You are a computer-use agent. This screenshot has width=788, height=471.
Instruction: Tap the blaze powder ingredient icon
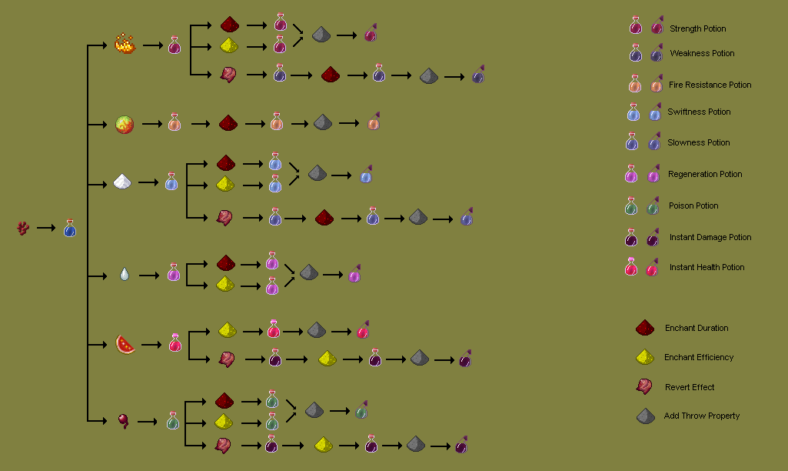click(125, 45)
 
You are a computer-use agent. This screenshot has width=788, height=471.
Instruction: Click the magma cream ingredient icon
click(125, 123)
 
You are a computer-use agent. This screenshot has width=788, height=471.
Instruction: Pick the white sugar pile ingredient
click(124, 182)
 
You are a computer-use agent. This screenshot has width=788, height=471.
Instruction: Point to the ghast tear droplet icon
click(125, 274)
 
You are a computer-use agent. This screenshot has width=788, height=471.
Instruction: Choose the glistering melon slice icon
click(125, 343)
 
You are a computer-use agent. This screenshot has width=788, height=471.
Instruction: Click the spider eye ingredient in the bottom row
click(123, 420)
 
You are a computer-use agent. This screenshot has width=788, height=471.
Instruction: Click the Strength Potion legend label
click(697, 28)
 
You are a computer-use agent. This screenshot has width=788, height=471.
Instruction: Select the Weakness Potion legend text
click(702, 53)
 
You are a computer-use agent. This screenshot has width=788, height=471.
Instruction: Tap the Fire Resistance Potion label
click(710, 85)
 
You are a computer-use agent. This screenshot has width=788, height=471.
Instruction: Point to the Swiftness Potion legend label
click(699, 112)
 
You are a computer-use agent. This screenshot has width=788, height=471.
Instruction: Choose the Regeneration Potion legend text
click(705, 174)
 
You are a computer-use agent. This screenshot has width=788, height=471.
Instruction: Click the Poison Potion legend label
click(693, 205)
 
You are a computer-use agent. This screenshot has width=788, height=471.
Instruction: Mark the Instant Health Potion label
click(707, 267)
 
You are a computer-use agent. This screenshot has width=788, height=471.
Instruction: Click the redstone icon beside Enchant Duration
click(644, 328)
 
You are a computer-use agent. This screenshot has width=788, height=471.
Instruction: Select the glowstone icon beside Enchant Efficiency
click(644, 357)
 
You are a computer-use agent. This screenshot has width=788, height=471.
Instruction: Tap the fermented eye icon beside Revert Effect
click(644, 386)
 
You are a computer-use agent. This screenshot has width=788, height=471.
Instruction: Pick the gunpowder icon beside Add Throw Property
click(645, 416)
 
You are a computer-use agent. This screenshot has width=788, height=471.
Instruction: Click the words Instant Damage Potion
click(710, 237)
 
